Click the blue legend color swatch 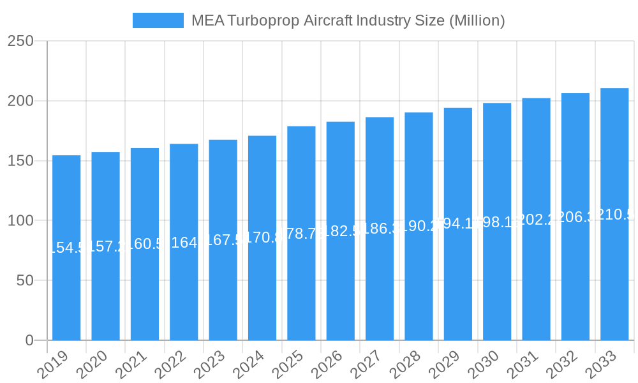point(158,20)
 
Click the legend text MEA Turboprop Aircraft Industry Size point(348,20)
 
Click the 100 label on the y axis point(20,221)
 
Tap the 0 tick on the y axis point(29,340)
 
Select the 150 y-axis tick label point(20,161)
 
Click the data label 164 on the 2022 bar point(184,243)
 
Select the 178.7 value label point(301,233)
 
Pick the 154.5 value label point(66,248)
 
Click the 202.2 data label point(537,220)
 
